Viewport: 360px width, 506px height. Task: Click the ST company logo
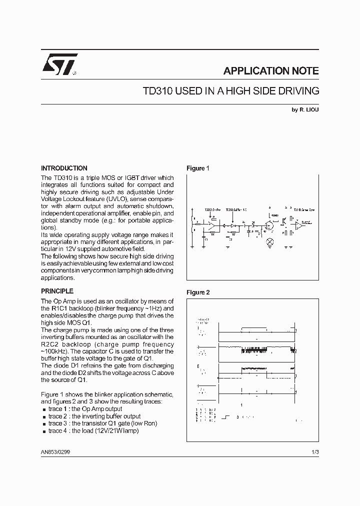(x=58, y=64)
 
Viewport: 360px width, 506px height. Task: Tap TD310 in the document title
(x=158, y=91)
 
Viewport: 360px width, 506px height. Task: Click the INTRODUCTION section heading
(x=64, y=168)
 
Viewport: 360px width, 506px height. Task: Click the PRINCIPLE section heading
(x=57, y=291)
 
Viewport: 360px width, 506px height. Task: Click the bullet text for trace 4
(x=93, y=430)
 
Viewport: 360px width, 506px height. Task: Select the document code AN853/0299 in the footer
(x=56, y=452)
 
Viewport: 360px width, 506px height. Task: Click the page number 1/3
(x=314, y=452)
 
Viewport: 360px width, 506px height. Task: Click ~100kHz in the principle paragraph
(x=54, y=351)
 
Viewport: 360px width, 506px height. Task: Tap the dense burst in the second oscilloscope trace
(x=255, y=346)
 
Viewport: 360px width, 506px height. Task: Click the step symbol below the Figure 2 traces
(x=226, y=416)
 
